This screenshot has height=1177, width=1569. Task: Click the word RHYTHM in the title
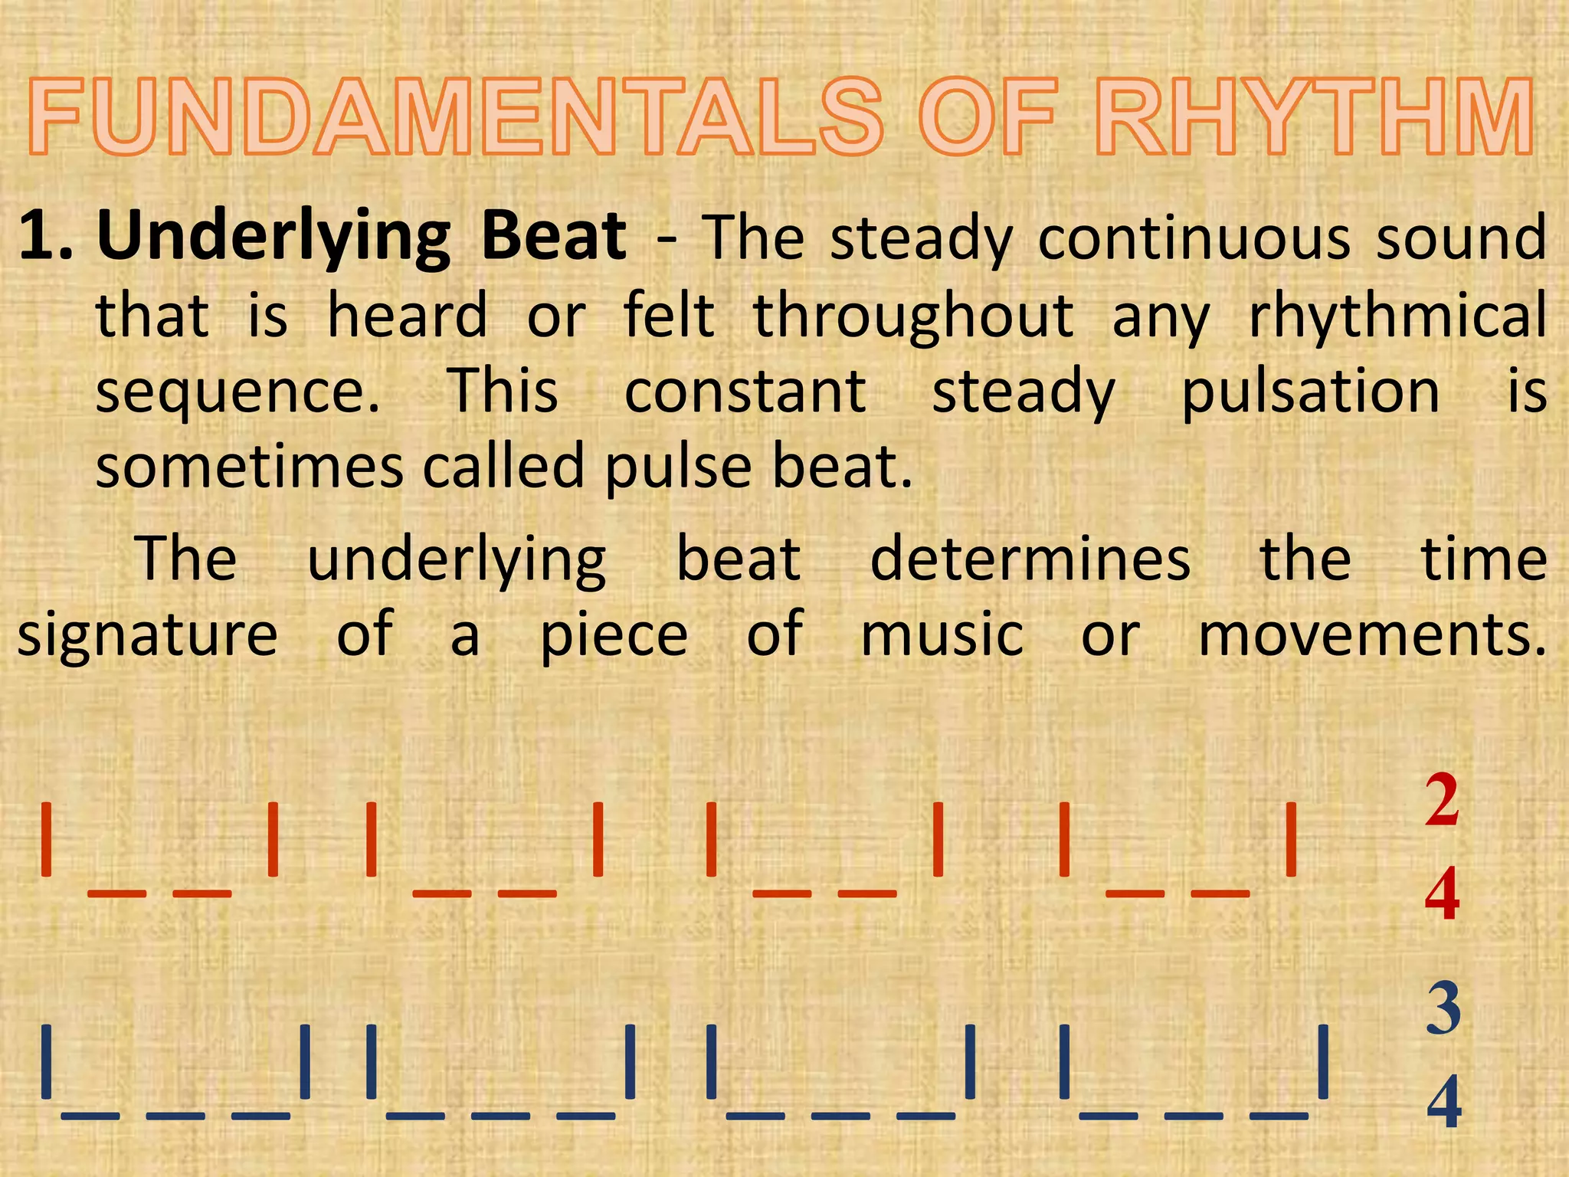(1313, 120)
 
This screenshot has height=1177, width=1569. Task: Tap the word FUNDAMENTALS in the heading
(457, 120)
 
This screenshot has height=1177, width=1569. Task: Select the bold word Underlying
(274, 238)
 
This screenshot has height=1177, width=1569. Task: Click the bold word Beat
(554, 237)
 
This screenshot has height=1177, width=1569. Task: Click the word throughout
(914, 316)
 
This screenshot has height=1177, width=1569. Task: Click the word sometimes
(248, 467)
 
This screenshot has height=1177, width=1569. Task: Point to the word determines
(1030, 559)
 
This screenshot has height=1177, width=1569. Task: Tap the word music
(942, 635)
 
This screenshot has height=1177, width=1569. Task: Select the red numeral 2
(1442, 801)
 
